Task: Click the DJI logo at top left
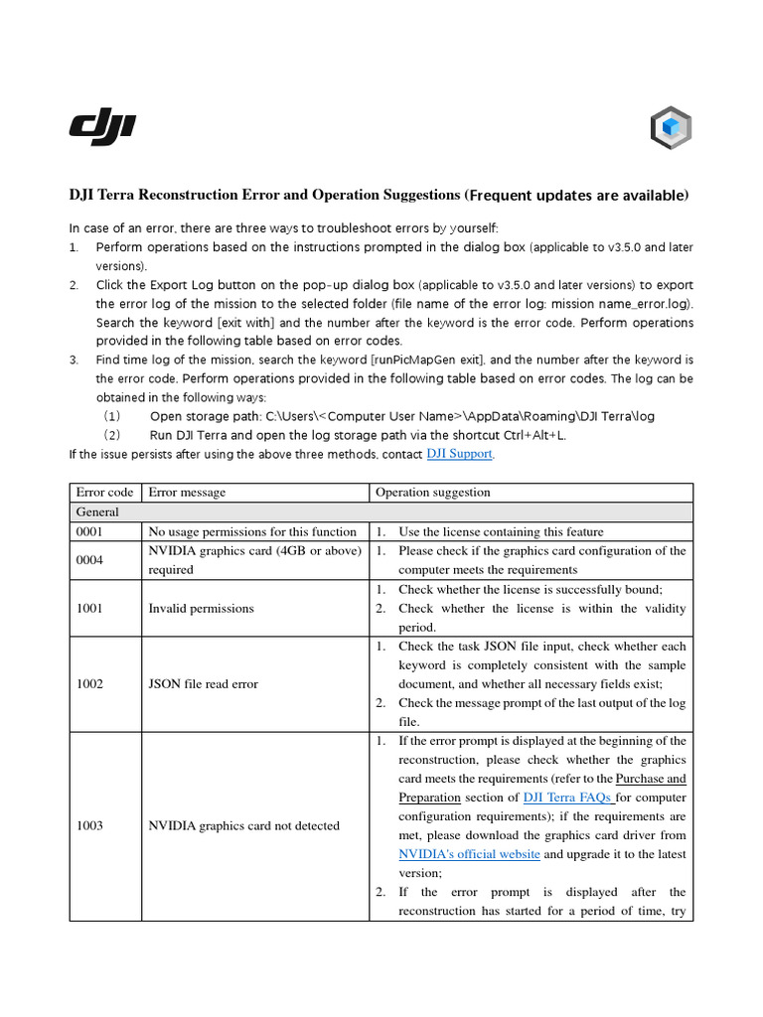pyautogui.click(x=102, y=126)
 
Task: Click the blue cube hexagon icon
pyautogui.click(x=671, y=128)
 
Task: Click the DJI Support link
pyautogui.click(x=459, y=454)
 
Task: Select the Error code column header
pyautogui.click(x=104, y=493)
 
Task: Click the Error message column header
pyautogui.click(x=187, y=493)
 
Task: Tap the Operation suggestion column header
pyautogui.click(x=432, y=493)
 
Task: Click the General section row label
pyautogui.click(x=97, y=512)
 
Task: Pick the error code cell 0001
pyautogui.click(x=90, y=532)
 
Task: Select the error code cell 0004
pyautogui.click(x=90, y=561)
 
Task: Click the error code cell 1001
pyautogui.click(x=90, y=609)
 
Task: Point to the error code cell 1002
pyautogui.click(x=90, y=684)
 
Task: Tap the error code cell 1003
pyautogui.click(x=90, y=826)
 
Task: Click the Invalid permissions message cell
pyautogui.click(x=201, y=609)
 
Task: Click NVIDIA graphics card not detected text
pyautogui.click(x=243, y=826)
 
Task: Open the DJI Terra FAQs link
pyautogui.click(x=557, y=798)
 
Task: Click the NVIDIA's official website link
pyautogui.click(x=469, y=854)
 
